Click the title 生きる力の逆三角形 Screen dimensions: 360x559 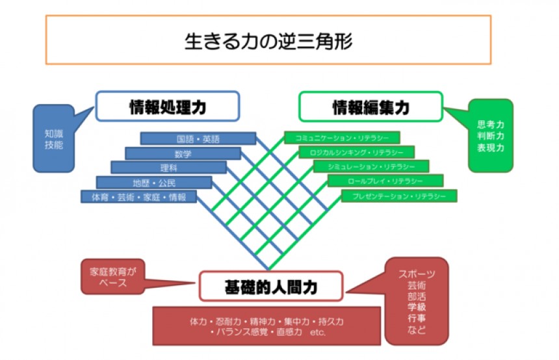(x=268, y=40)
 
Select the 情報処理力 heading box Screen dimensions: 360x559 (x=168, y=107)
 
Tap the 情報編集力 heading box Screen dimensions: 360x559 (x=370, y=107)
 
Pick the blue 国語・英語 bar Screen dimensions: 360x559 (x=198, y=139)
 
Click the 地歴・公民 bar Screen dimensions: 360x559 (x=154, y=182)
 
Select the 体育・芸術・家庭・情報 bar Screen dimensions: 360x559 (x=139, y=196)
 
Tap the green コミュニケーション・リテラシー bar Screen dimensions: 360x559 (x=342, y=138)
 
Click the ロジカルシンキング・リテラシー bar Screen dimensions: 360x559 (x=356, y=152)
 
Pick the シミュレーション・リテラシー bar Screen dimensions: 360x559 (x=370, y=166)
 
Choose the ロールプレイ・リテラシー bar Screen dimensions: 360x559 (x=385, y=181)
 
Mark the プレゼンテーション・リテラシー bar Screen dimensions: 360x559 (x=399, y=195)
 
